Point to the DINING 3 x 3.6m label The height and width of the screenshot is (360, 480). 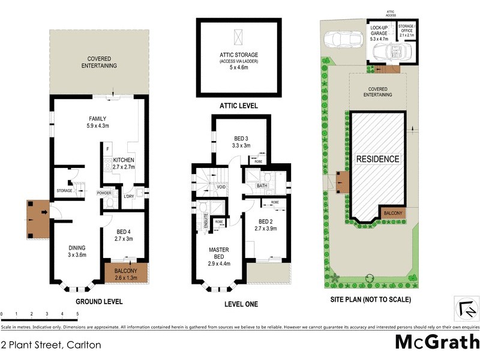click(77, 251)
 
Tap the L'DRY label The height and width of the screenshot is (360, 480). click(128, 196)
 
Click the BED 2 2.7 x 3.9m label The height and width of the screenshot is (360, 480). click(266, 224)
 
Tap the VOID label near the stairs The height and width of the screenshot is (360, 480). click(221, 187)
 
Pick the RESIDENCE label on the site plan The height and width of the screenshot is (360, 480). click(378, 159)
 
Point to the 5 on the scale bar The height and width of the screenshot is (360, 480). click(77, 314)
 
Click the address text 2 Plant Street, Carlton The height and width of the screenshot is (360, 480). click(51, 345)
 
